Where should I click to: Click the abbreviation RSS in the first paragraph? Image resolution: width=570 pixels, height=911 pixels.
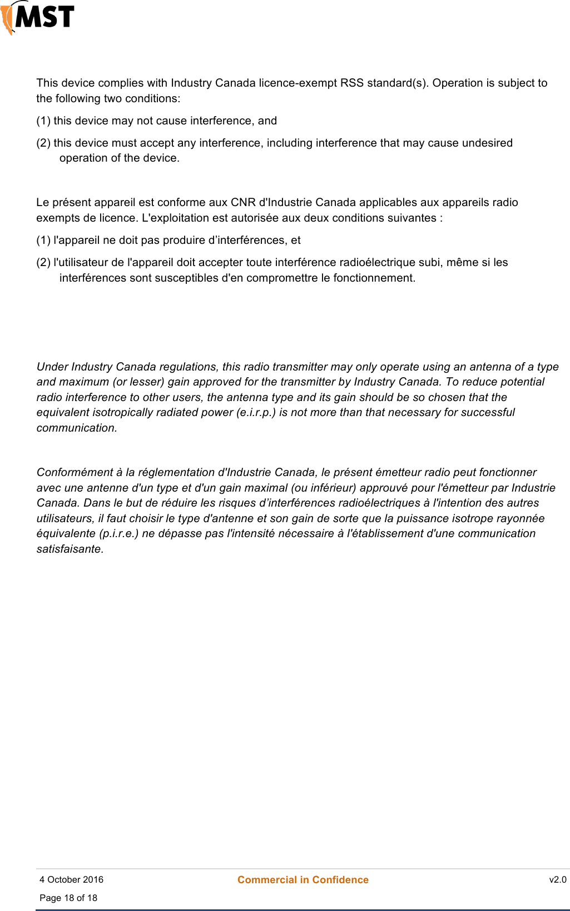point(351,83)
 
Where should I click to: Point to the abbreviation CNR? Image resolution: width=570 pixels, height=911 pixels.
point(243,203)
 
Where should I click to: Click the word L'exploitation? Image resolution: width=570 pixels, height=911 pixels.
point(176,218)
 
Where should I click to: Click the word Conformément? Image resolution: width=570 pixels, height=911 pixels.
point(75,473)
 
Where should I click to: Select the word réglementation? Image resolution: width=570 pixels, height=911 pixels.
point(180,473)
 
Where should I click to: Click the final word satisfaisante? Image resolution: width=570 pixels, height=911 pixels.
point(70,549)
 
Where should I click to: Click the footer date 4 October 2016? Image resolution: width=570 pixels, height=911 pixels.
point(71,880)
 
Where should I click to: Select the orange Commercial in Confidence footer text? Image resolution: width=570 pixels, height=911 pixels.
point(303,880)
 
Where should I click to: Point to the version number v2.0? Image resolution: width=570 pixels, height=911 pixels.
point(558,880)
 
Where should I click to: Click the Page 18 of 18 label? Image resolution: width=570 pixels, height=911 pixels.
point(68,898)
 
